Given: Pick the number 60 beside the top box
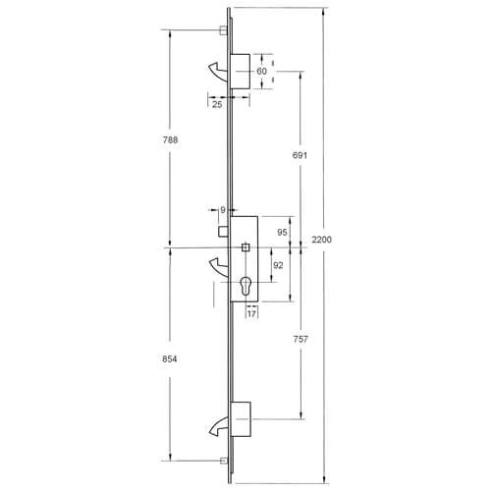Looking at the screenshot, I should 262,73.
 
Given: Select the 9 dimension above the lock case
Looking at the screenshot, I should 223,209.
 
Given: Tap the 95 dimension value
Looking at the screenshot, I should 281,232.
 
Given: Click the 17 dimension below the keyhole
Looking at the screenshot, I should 252,314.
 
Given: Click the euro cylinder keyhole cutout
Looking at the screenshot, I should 245,289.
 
